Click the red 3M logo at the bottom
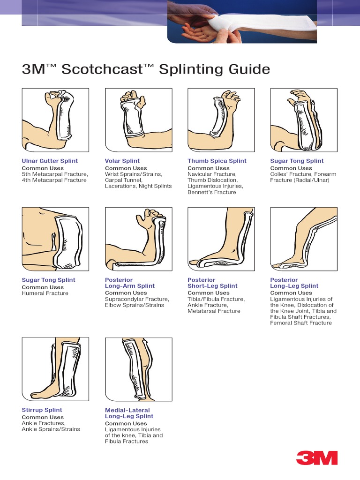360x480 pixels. coord(316,457)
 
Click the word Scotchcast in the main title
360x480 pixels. coord(102,69)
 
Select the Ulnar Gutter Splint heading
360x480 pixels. coord(50,161)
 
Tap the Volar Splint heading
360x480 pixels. coord(122,161)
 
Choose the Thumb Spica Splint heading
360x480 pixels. coord(217,161)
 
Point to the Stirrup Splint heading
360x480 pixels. coord(42,410)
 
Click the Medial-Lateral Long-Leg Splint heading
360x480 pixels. coord(129,413)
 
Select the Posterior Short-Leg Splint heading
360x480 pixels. coord(212,283)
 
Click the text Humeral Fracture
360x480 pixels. coord(45,293)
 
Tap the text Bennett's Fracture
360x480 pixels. coord(212,192)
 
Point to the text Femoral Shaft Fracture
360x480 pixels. coord(301,323)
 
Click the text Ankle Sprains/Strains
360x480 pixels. coord(51,429)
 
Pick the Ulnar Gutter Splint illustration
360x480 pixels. coord(55,120)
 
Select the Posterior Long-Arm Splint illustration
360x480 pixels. coord(139,239)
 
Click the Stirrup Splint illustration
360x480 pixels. coord(55,369)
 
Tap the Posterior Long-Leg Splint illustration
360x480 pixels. coord(304,239)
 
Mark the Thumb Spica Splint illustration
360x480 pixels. coord(221,120)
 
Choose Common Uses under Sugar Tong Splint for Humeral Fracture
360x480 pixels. coord(43,287)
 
